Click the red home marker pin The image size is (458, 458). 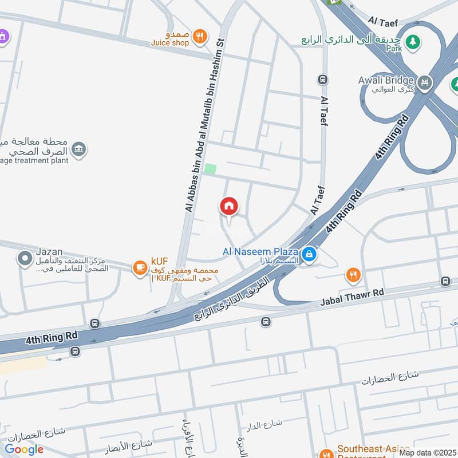pos(229,207)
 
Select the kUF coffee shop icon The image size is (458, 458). pos(140,267)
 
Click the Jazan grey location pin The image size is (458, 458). pos(25,259)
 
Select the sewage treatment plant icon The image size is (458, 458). pos(79,149)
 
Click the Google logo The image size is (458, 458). pos(24,449)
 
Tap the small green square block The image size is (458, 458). pos(211,169)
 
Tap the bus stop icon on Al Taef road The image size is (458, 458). pos(323,80)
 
